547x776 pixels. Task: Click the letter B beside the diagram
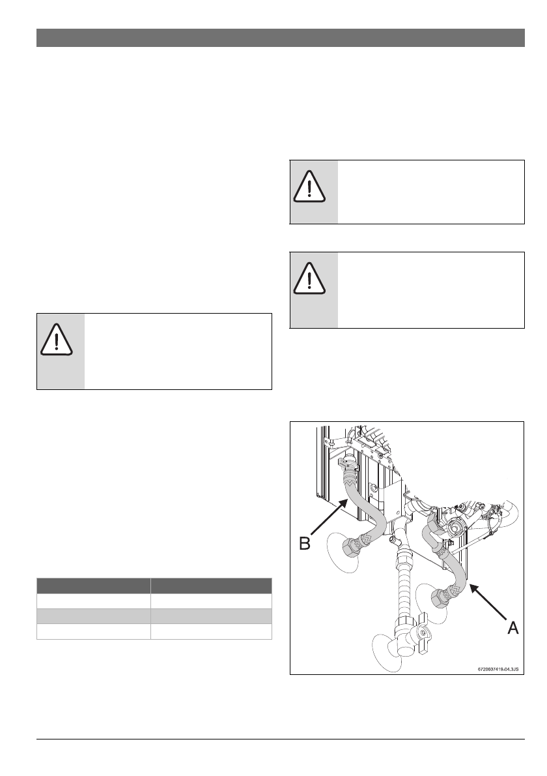coord(305,543)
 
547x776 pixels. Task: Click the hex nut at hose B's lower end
coord(356,544)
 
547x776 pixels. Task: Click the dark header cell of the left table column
coord(93,585)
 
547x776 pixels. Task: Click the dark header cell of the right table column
coord(211,585)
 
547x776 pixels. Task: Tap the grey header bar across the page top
coord(280,38)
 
